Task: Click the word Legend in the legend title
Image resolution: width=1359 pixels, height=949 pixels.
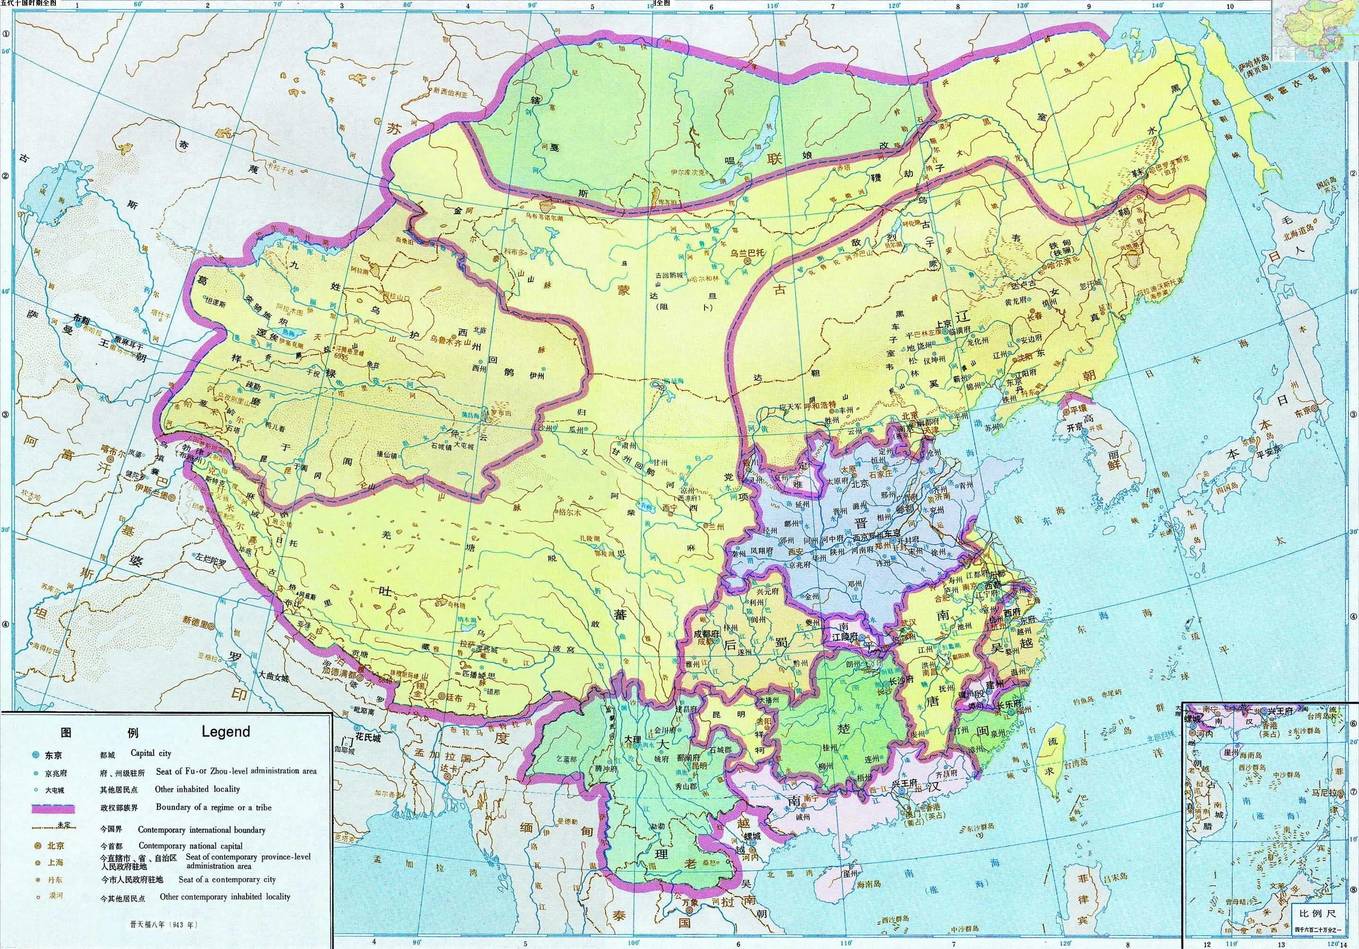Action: (x=226, y=731)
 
